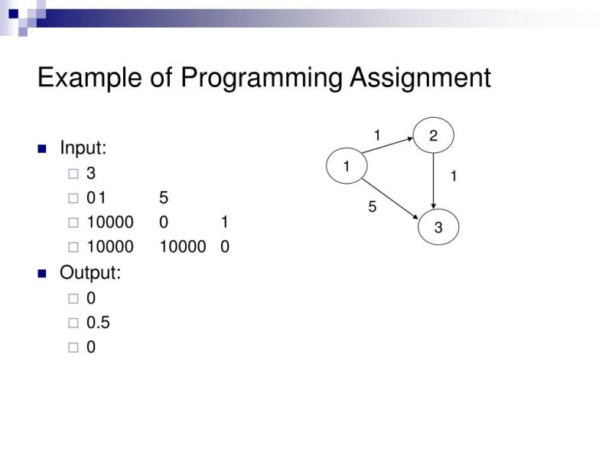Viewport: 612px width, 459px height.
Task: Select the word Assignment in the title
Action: point(420,78)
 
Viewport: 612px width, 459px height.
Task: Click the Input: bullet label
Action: point(83,148)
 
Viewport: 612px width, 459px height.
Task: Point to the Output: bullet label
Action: point(90,272)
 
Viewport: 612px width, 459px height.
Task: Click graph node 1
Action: point(347,166)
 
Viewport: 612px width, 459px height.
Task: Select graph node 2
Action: point(434,136)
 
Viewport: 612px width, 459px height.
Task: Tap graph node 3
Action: point(438,227)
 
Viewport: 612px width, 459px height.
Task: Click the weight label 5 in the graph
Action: point(373,207)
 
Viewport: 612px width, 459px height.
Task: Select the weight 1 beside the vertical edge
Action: point(454,177)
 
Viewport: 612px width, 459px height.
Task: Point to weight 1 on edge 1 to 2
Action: point(377,135)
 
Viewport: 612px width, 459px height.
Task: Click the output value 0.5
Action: point(98,323)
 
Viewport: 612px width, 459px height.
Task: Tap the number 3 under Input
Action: point(91,174)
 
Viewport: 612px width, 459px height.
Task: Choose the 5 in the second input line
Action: point(164,198)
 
